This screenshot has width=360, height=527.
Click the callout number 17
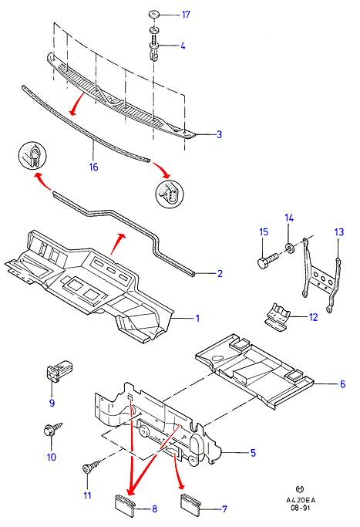coord(186,15)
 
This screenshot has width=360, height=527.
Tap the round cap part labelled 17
coord(154,15)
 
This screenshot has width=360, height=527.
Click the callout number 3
coord(219,134)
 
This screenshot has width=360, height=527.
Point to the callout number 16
coord(94,167)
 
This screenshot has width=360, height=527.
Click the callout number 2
coord(220,274)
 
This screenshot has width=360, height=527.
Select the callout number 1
coord(198,318)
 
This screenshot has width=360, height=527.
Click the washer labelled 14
coord(290,248)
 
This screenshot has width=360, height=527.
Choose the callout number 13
coord(339,232)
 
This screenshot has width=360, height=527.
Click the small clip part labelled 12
coord(278,315)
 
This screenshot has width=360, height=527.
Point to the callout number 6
coord(342,383)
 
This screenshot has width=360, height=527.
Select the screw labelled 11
coord(91,467)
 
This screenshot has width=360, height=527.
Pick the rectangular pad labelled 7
coord(190,505)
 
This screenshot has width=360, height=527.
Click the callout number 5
coord(253,453)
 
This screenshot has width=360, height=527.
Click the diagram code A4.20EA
coord(301,500)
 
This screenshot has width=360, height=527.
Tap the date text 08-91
coord(300,508)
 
